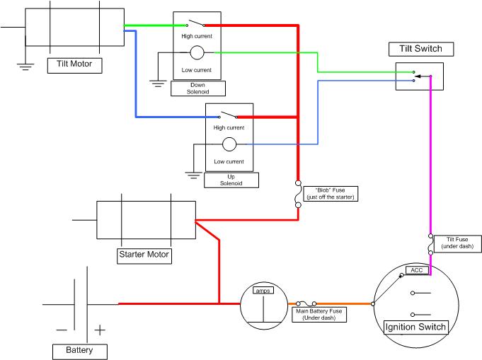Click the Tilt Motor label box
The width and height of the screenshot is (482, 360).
tap(75, 66)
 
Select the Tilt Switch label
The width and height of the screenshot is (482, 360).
tap(421, 49)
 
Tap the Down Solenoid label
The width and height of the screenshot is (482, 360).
tap(198, 88)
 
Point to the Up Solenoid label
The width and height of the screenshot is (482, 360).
tap(231, 180)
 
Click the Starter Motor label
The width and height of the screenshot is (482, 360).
tap(144, 256)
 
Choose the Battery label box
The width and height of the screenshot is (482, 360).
tap(80, 352)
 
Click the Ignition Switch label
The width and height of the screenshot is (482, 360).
tap(416, 327)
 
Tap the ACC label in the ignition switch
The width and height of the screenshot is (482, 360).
tap(417, 270)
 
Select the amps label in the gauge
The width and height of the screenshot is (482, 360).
tap(263, 291)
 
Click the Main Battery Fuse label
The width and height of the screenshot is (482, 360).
tap(319, 315)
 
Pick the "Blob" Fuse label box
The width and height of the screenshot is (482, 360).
tap(331, 194)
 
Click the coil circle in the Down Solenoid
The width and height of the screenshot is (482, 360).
tap(197, 52)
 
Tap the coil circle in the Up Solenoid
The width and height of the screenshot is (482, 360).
tap(229, 144)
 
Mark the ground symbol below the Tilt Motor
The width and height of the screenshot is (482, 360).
tap(25, 66)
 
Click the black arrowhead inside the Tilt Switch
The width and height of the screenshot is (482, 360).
tap(418, 76)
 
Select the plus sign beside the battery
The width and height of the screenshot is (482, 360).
tap(100, 330)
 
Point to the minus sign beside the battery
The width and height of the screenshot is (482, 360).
tap(62, 330)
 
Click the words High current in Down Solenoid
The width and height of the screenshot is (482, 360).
tap(197, 36)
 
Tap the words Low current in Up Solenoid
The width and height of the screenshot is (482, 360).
tap(229, 161)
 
